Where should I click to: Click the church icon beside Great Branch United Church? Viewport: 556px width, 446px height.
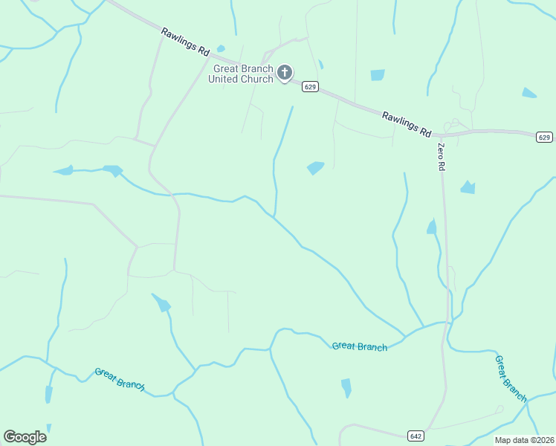click(x=284, y=73)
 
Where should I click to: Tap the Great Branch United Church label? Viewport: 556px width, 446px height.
click(x=241, y=74)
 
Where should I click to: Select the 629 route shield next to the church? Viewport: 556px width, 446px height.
click(x=311, y=87)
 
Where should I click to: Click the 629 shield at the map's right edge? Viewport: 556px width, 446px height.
click(x=544, y=137)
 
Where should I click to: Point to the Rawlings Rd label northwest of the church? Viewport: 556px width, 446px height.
click(x=185, y=41)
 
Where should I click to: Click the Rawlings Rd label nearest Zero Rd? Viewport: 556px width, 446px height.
click(x=407, y=123)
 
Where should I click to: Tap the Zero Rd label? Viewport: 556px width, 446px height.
click(x=441, y=157)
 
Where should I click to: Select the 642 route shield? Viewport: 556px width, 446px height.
click(x=415, y=435)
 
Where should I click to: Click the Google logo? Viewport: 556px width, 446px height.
click(x=25, y=436)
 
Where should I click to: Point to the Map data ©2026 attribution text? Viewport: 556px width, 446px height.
click(x=524, y=440)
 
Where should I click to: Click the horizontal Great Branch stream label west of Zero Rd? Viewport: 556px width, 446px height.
click(x=360, y=346)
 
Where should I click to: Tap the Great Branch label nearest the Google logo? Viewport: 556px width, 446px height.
click(x=119, y=378)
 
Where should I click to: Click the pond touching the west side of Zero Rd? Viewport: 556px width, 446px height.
click(x=431, y=227)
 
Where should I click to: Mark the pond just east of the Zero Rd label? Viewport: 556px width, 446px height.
click(x=468, y=187)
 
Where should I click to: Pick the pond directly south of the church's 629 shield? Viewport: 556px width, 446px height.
click(x=316, y=168)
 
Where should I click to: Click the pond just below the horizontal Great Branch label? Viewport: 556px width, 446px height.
click(x=346, y=387)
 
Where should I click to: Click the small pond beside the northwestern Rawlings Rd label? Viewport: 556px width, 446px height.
click(x=221, y=49)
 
